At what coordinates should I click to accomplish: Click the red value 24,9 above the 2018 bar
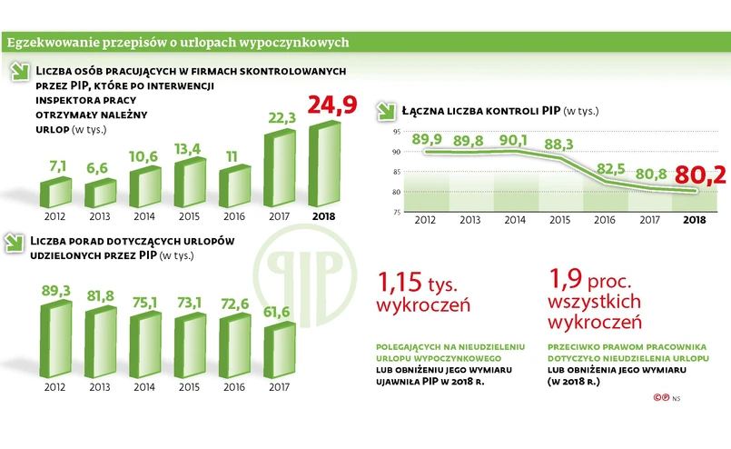(332, 105)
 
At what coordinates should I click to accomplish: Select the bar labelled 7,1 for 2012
(56, 193)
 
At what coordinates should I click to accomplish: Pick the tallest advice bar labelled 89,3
(56, 334)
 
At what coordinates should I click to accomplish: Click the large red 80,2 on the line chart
(706, 175)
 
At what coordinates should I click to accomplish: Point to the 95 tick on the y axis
(397, 132)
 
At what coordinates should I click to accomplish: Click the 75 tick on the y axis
(397, 213)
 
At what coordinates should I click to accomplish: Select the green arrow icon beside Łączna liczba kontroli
(386, 111)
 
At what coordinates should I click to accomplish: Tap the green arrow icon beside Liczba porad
(14, 243)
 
